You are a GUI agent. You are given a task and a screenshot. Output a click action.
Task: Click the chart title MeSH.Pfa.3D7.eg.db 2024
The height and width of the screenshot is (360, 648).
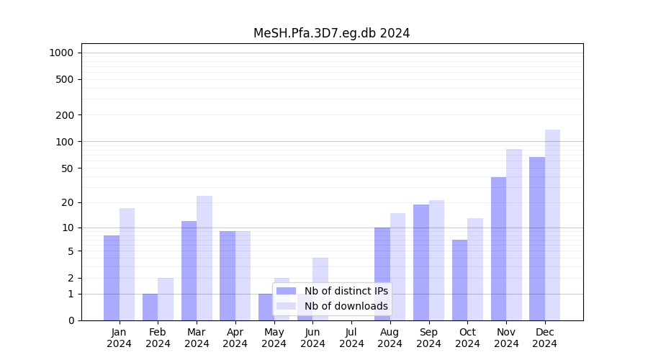point(331,33)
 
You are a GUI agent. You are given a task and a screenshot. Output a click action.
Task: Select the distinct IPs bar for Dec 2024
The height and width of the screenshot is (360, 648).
point(537,238)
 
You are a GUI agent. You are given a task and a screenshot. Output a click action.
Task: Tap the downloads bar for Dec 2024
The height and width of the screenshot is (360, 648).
point(552,225)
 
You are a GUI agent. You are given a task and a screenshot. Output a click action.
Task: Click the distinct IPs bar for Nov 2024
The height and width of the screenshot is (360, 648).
point(498,248)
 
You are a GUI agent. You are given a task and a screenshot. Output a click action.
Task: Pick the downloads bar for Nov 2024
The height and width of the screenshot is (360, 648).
point(514,235)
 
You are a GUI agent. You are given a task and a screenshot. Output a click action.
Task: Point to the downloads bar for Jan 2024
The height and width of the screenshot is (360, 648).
point(127,264)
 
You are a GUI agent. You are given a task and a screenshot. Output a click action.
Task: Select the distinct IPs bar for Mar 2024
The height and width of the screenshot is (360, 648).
point(189,271)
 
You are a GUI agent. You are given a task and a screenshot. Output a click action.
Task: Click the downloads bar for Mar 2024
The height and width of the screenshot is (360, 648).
point(204,258)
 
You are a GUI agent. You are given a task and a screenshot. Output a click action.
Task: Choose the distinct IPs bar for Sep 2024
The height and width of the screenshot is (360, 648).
point(421,262)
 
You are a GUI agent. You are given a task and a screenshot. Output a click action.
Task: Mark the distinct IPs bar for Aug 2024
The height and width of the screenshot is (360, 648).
point(382,274)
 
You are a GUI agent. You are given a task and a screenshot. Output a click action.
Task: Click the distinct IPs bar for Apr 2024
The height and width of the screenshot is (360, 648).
point(228,276)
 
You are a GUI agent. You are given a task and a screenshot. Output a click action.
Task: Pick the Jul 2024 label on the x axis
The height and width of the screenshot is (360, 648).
point(351,338)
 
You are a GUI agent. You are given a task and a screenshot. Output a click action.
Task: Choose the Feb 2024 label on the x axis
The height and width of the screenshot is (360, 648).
point(158,338)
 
